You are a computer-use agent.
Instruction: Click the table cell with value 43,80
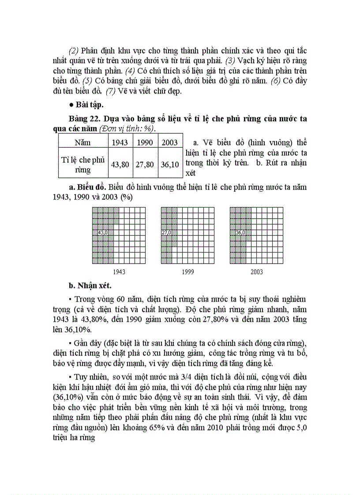[x=120, y=164]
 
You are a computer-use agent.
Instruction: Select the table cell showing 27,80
[x=145, y=164]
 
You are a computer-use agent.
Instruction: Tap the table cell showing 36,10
[x=170, y=164]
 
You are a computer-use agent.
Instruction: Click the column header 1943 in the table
[x=120, y=142]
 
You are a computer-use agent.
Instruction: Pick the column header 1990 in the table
[x=145, y=142]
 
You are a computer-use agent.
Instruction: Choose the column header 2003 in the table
[x=170, y=142]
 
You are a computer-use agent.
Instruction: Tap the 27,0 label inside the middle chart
[x=166, y=232]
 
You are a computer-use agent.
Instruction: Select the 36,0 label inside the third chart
[x=240, y=232]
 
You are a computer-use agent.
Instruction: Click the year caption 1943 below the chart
[x=119, y=272]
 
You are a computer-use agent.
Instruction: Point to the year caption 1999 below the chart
[x=188, y=272]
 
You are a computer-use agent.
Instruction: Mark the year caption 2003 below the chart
[x=257, y=272]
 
